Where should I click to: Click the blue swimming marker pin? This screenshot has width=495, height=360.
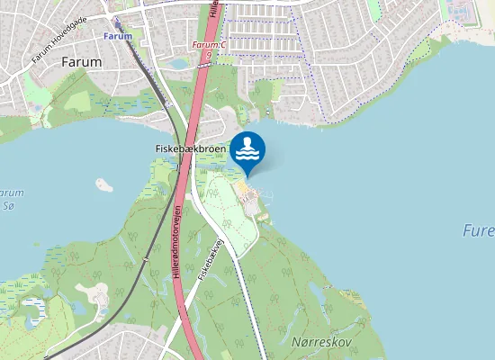[x=247, y=151]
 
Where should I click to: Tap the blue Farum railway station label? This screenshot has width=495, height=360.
[x=117, y=36]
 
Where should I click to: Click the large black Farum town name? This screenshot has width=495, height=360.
[x=82, y=62]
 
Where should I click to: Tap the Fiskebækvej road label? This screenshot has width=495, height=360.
[x=209, y=269]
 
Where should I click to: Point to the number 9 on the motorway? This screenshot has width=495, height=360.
[x=209, y=55]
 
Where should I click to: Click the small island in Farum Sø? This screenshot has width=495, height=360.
[x=103, y=184]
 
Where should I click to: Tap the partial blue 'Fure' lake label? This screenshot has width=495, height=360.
[x=478, y=230]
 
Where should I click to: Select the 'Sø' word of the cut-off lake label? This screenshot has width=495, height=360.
[x=11, y=207]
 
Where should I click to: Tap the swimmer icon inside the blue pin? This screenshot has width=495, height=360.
[x=247, y=148]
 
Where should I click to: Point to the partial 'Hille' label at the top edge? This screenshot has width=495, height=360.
[x=213, y=8]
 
